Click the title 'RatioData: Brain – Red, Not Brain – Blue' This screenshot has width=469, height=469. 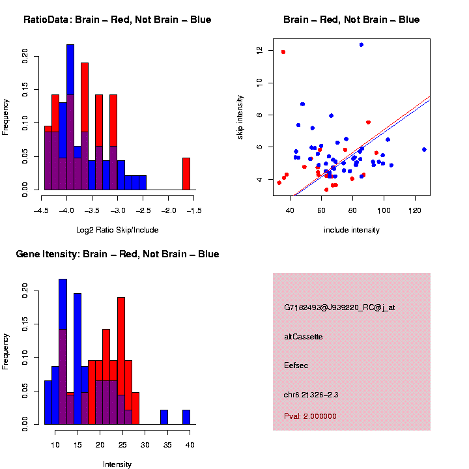coord(117,20)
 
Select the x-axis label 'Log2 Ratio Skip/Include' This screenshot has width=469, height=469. coord(117,229)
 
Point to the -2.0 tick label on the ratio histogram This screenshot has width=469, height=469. coord(168,211)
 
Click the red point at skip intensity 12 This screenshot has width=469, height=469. coord(283,52)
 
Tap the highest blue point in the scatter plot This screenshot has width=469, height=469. coord(362,45)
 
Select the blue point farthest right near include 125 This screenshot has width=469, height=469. coord(424,149)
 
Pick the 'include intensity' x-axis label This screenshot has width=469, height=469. coord(352,229)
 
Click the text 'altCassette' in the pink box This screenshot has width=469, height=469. coord(304,337)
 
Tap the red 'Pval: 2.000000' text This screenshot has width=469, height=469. coord(311,416)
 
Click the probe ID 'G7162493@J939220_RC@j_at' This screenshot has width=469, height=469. coord(339,307)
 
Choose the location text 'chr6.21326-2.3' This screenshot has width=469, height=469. coord(311,394)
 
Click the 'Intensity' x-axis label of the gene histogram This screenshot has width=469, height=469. coord(117,464)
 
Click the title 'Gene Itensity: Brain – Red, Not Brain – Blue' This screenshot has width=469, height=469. coord(117,254)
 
